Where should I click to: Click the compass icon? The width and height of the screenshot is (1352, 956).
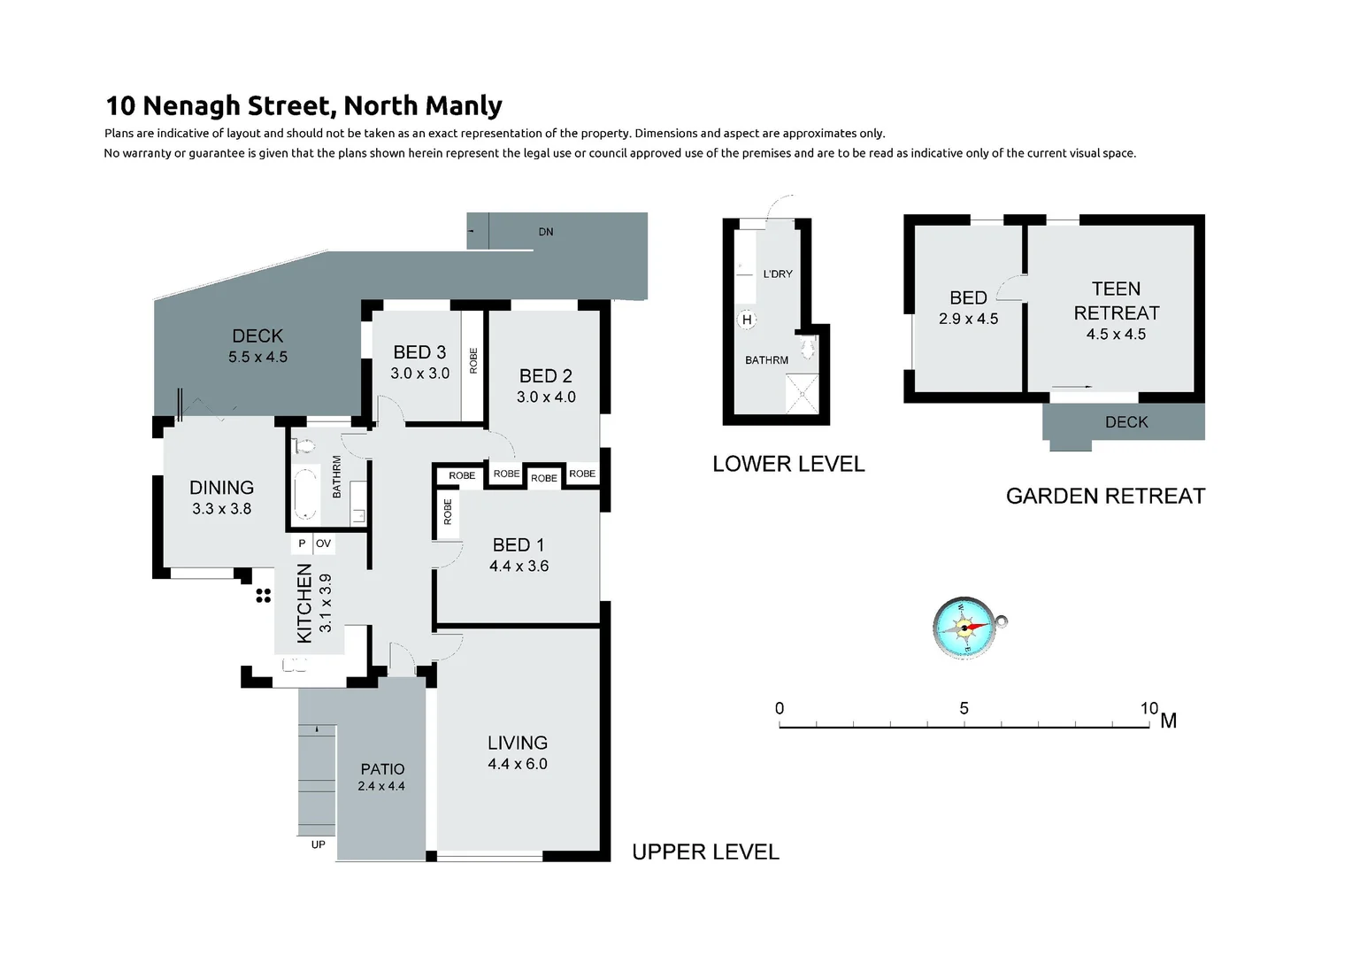(x=965, y=628)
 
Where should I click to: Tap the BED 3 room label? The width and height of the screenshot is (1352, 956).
(x=419, y=352)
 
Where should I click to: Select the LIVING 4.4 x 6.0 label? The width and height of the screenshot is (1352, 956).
(x=518, y=752)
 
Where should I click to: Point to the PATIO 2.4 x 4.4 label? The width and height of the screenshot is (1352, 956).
(x=382, y=776)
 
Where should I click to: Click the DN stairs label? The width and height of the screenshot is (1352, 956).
(x=546, y=232)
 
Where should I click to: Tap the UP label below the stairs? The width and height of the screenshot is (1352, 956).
(x=318, y=844)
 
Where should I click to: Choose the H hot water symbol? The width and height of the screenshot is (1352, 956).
(x=747, y=320)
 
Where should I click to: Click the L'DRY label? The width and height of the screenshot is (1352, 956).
(x=778, y=274)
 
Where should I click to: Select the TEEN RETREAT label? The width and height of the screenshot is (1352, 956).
(x=1116, y=301)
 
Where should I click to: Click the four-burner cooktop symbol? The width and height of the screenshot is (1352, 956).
(x=263, y=595)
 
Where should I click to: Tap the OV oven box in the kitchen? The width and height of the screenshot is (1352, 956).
(x=323, y=544)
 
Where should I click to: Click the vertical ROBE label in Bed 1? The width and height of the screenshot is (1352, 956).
(x=448, y=513)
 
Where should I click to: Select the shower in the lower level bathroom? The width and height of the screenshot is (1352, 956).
(x=803, y=394)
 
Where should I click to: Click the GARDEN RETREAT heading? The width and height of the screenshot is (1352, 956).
(x=1105, y=496)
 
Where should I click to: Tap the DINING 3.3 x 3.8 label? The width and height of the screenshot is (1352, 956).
(x=221, y=497)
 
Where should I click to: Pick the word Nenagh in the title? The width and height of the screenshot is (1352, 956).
(x=191, y=105)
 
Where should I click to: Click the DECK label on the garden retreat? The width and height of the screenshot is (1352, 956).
(x=1125, y=422)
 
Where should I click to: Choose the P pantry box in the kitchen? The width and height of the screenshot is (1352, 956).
(x=302, y=544)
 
